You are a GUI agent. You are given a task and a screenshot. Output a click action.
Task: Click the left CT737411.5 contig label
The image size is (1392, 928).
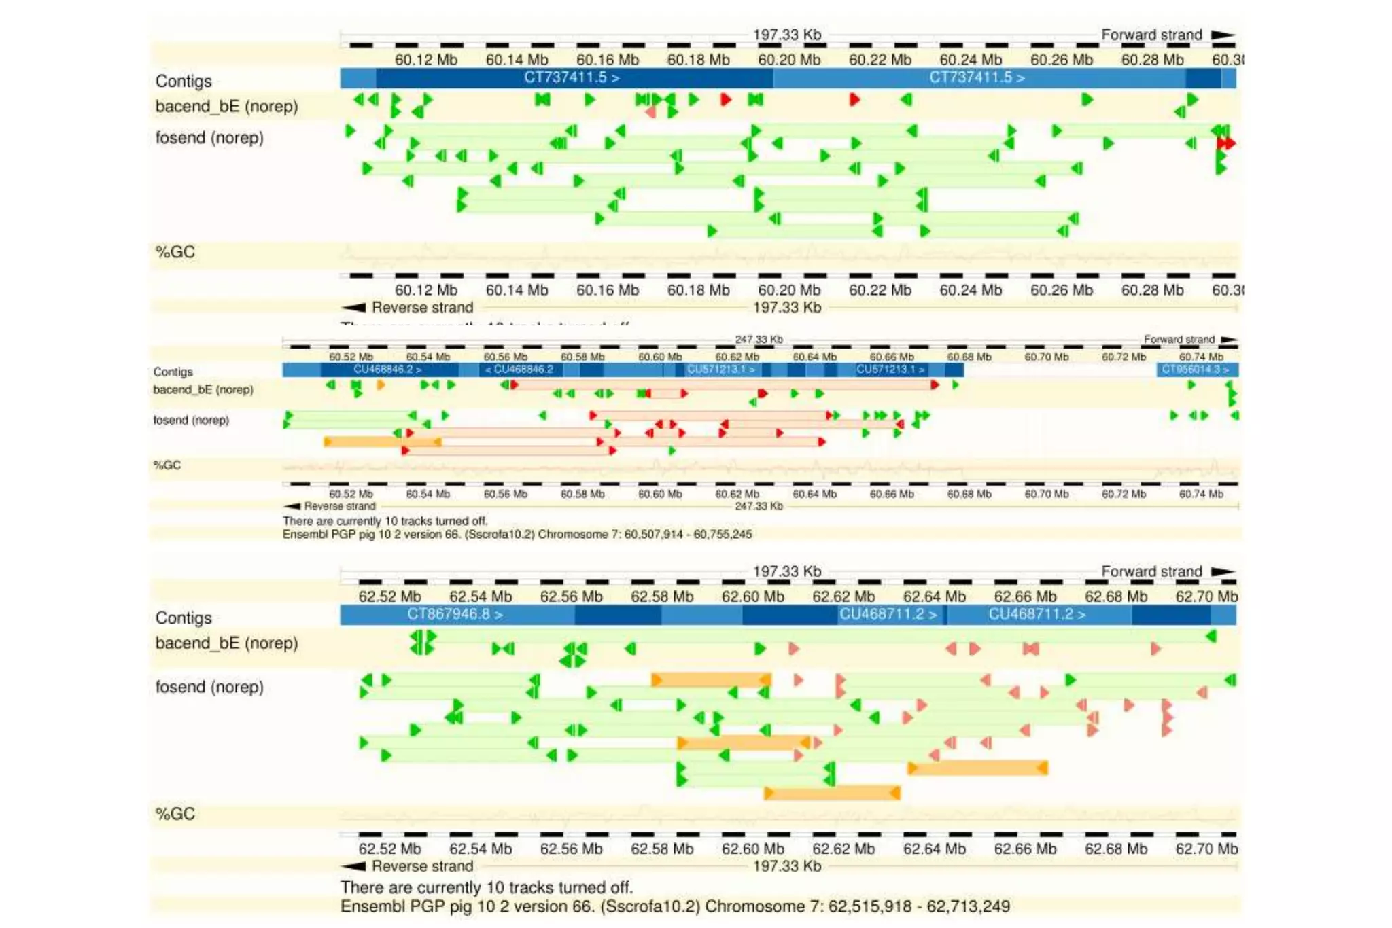[x=571, y=77]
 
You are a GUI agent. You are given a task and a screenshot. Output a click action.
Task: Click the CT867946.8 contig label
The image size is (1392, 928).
[x=455, y=614]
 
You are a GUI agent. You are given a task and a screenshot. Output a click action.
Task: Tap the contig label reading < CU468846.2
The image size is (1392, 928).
[x=519, y=370]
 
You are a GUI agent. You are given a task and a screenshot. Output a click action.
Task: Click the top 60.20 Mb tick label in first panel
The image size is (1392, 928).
[x=789, y=60]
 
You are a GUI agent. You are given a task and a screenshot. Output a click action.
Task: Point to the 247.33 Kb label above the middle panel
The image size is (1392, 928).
[x=759, y=339]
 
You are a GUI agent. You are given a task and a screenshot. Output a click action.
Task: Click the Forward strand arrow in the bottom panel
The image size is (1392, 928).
[x=1222, y=571]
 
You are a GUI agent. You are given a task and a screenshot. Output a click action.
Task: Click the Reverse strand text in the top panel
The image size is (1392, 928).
[x=422, y=308]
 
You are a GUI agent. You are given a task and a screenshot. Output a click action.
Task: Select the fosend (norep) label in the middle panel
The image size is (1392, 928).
[x=191, y=420]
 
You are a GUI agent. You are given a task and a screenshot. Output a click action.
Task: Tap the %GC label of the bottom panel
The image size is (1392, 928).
[x=175, y=814]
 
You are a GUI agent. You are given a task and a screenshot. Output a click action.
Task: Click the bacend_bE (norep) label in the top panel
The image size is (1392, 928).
[x=226, y=107]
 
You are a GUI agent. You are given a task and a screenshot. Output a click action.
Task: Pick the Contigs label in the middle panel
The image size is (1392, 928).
[x=173, y=372]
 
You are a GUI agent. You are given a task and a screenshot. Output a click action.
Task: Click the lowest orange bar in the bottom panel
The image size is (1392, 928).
[x=832, y=793]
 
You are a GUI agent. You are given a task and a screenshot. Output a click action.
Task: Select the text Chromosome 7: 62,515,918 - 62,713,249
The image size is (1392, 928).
[x=857, y=906]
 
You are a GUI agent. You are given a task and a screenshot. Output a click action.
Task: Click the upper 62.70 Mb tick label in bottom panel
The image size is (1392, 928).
[x=1206, y=596]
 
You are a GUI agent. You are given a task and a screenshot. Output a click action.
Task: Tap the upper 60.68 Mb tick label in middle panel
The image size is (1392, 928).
[x=969, y=357]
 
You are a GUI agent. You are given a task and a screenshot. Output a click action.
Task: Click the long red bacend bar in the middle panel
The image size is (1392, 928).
[x=724, y=385]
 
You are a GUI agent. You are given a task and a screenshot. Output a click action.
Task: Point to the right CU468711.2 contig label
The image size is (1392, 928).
[x=1037, y=614]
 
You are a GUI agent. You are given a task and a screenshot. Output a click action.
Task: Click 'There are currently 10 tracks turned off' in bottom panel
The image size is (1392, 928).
[x=487, y=887]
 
